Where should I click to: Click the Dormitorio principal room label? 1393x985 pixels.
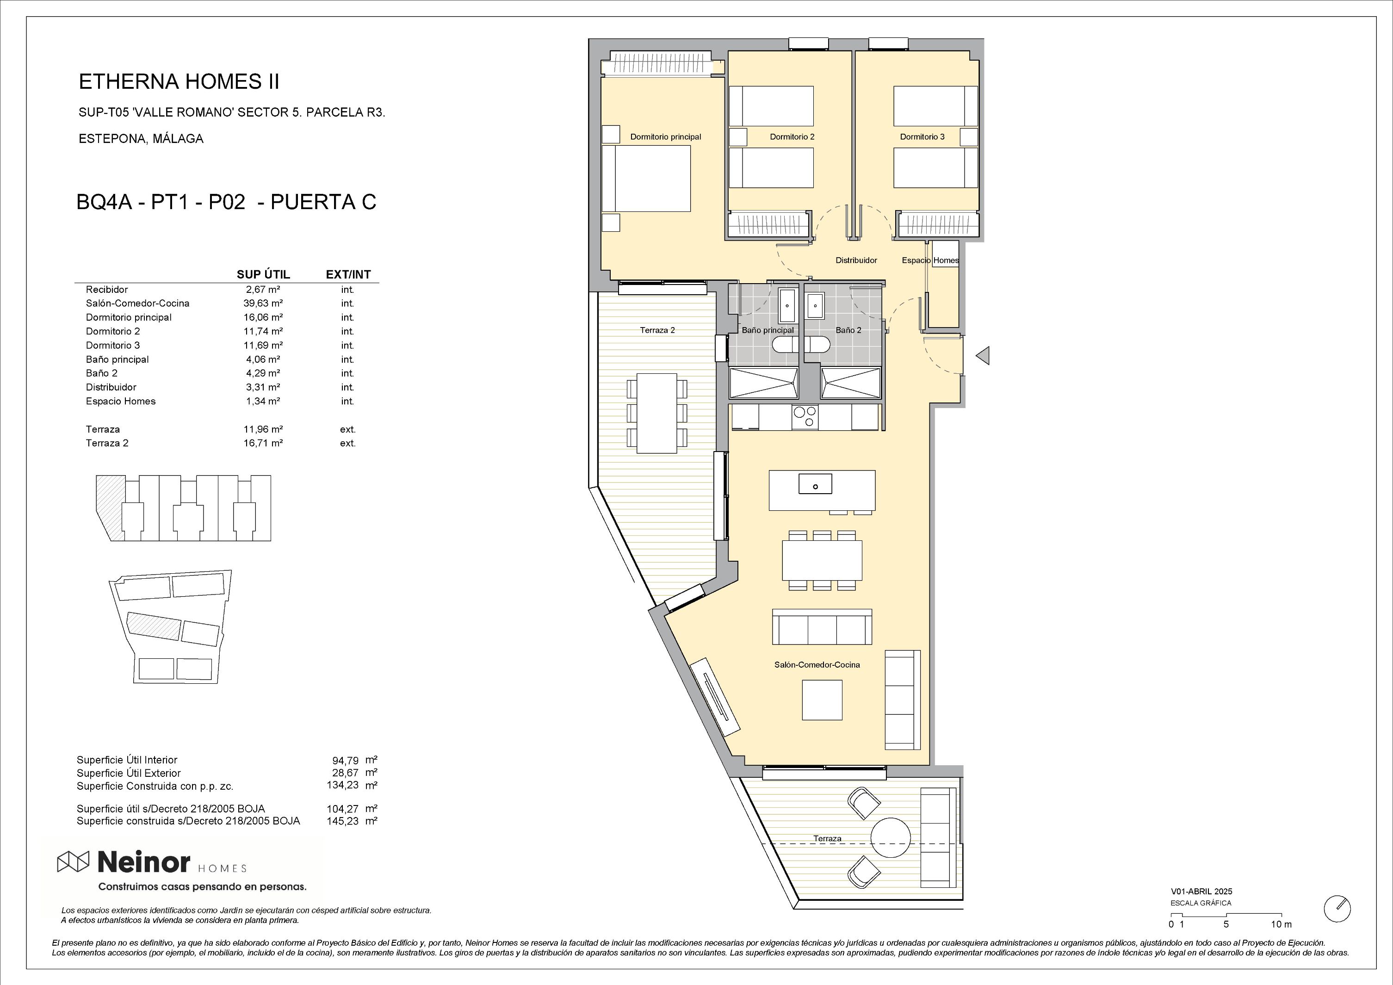pos(666,136)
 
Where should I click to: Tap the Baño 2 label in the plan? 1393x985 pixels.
pos(848,330)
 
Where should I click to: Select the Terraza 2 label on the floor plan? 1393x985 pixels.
pos(657,330)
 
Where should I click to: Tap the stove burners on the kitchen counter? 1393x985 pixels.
pos(805,417)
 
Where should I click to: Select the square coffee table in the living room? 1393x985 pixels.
pos(822,700)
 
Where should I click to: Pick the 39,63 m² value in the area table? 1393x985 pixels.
pos(263,304)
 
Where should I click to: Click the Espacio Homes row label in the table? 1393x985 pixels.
pos(121,401)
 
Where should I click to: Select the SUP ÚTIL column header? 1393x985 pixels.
pos(263,275)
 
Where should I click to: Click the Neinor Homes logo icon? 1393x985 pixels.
pos(73,861)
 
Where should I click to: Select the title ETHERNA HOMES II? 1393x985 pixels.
pos(179,82)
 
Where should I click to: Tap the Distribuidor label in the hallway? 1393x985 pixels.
pos(856,260)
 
